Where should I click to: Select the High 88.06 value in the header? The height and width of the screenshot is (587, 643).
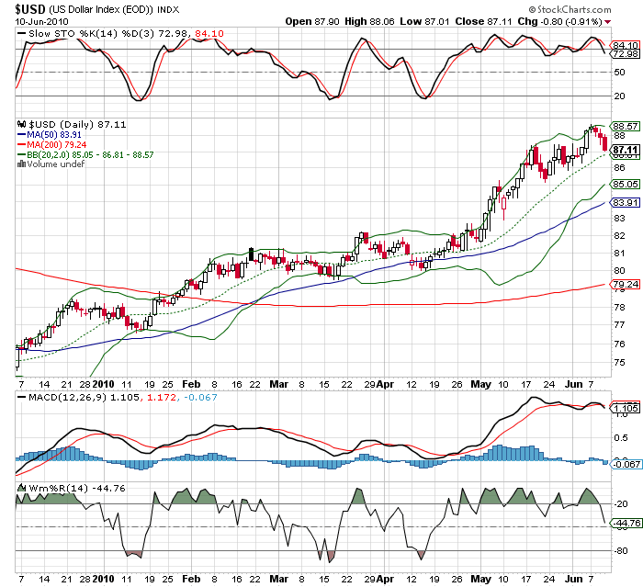click(445, 20)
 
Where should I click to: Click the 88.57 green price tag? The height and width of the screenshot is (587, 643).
click(625, 126)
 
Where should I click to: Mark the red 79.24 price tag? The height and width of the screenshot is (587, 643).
click(625, 285)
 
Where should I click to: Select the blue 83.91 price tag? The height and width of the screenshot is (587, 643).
click(625, 203)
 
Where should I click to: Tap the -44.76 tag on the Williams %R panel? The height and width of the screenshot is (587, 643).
click(625, 524)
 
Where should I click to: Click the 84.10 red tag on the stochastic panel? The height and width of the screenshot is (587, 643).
click(625, 44)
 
